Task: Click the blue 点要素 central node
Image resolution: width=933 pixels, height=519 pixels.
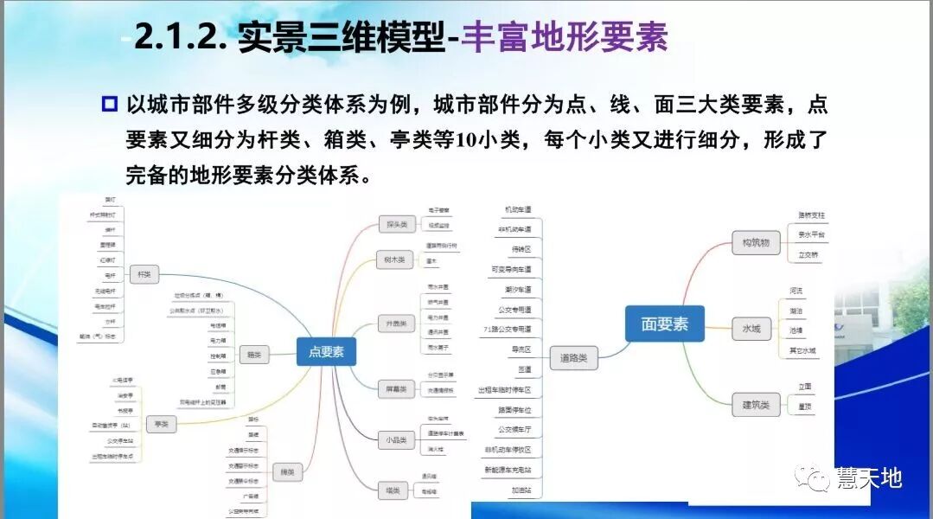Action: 326,351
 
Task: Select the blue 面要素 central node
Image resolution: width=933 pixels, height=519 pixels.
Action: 664,324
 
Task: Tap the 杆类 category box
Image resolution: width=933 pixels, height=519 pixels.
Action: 144,274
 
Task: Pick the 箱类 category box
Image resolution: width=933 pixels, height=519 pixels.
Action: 254,354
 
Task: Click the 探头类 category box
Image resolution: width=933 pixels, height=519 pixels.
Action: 396,225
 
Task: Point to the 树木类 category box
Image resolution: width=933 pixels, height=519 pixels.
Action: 394,259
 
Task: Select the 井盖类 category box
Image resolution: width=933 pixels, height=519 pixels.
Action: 394,324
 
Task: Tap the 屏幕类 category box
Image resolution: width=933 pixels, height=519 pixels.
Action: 395,389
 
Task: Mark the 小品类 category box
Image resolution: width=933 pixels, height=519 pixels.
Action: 394,440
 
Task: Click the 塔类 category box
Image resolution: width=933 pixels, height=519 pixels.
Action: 394,490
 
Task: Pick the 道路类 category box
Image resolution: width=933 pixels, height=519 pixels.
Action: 578,356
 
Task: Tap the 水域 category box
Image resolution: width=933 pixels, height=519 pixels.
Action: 751,329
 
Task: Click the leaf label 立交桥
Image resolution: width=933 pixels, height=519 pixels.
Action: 808,254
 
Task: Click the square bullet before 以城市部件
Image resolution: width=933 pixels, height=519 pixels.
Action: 109,106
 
